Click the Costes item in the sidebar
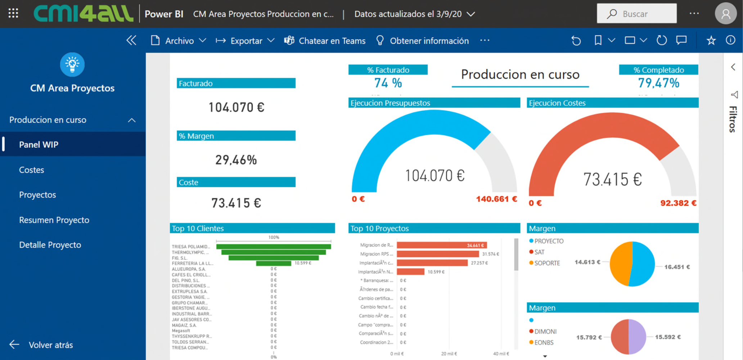[32, 170]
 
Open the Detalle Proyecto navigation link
[50, 245]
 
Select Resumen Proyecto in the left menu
[54, 220]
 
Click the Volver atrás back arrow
[14, 345]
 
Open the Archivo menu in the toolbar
[179, 41]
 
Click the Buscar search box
[636, 14]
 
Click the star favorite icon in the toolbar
[711, 40]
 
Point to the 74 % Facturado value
[388, 83]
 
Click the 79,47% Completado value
[658, 83]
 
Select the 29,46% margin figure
[236, 160]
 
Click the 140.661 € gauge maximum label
[496, 199]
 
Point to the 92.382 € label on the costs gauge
[678, 203]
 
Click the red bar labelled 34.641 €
[441, 245]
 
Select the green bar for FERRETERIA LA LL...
[273, 264]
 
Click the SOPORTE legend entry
[546, 263]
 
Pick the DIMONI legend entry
[545, 332]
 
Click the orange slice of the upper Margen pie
[621, 264]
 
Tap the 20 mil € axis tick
[449, 354]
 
